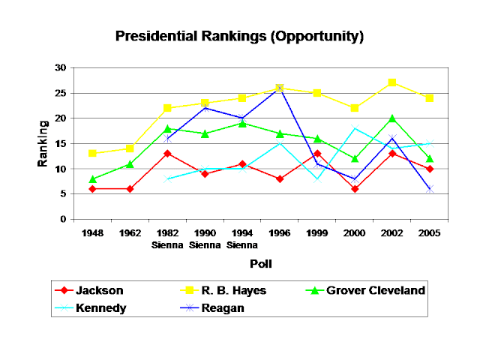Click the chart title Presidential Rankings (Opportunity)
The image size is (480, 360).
tap(239, 36)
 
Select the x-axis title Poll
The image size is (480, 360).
tap(260, 264)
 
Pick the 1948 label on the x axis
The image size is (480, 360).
tap(92, 233)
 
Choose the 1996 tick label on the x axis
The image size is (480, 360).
tap(280, 233)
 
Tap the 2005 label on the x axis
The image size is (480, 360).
tap(430, 233)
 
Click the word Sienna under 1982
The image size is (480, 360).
tap(167, 244)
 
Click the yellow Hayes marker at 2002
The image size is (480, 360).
tap(392, 83)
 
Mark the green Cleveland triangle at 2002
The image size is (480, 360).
tap(392, 118)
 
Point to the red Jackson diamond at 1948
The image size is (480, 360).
tap(92, 189)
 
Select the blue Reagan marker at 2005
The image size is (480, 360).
tap(430, 189)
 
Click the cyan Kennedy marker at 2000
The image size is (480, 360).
tap(355, 128)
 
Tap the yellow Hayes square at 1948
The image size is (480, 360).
tap(92, 154)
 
